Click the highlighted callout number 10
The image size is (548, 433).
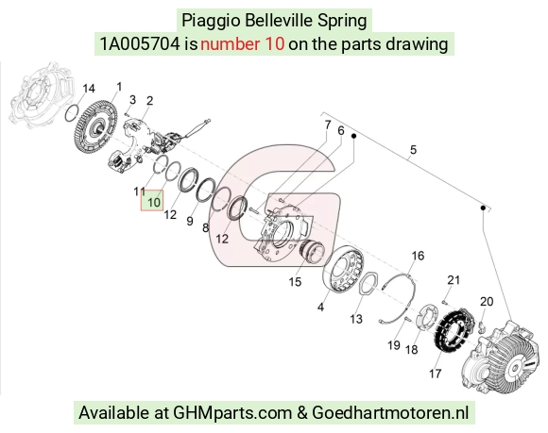(x=152, y=201)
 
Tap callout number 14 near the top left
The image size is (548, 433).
(x=89, y=89)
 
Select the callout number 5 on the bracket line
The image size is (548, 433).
(x=414, y=150)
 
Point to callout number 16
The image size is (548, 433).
(x=418, y=256)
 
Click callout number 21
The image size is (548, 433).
(x=454, y=280)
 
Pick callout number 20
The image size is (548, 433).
(x=487, y=301)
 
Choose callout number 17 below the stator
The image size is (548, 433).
(x=436, y=374)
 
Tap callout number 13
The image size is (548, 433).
(x=356, y=319)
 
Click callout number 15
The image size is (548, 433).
(x=295, y=281)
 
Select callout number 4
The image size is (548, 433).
(x=320, y=307)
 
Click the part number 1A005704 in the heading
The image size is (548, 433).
(x=140, y=44)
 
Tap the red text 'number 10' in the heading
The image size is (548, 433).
(x=243, y=44)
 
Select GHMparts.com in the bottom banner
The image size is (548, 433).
(x=232, y=413)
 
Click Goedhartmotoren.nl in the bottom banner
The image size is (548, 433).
(x=390, y=413)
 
